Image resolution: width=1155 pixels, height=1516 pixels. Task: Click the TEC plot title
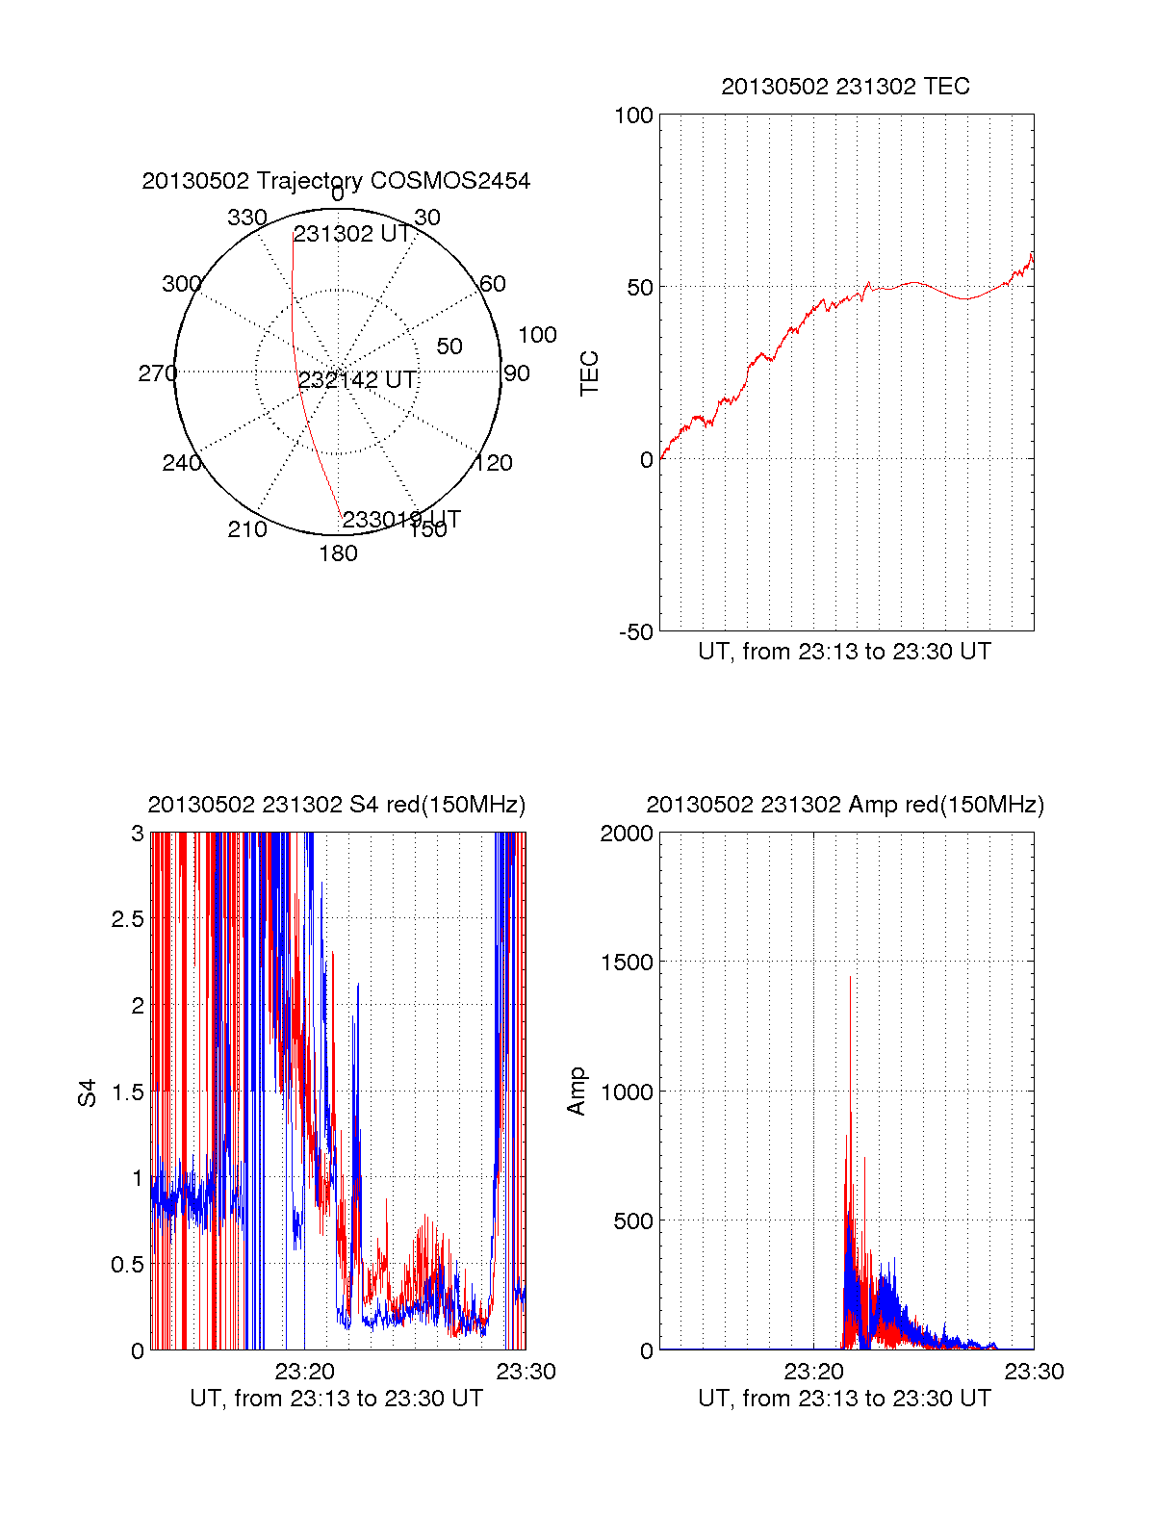point(845,87)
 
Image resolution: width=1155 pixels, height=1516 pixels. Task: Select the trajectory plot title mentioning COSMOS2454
point(336,181)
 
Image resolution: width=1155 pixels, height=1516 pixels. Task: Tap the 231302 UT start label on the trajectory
point(351,234)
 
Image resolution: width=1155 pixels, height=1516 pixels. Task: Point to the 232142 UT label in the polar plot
point(357,380)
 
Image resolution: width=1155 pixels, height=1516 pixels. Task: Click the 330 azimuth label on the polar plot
point(246,218)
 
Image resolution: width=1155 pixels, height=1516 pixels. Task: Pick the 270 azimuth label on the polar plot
point(157,373)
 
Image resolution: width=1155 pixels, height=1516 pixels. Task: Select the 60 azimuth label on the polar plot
point(492,284)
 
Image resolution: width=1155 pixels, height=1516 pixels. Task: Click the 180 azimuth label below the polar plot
point(338,553)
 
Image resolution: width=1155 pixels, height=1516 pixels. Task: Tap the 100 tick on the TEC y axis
point(633,116)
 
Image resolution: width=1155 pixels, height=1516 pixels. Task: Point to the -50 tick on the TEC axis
point(635,632)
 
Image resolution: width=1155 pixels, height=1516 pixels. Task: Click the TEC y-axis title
point(589,373)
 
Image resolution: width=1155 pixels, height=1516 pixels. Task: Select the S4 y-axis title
point(88,1092)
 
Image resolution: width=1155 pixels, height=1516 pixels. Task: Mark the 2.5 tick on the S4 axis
point(127,919)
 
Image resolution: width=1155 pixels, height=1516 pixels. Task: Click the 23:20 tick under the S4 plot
point(304,1372)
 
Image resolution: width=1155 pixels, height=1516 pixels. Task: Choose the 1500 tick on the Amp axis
point(626,963)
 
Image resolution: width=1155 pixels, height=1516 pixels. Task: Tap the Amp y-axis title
point(577,1092)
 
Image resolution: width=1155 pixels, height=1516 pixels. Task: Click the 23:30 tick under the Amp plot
point(1034,1372)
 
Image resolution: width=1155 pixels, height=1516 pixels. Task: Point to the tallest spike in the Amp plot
point(850,978)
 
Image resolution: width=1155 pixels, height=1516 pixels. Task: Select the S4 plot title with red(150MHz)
point(336,805)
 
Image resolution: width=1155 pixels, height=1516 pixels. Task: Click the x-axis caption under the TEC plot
point(844,652)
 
